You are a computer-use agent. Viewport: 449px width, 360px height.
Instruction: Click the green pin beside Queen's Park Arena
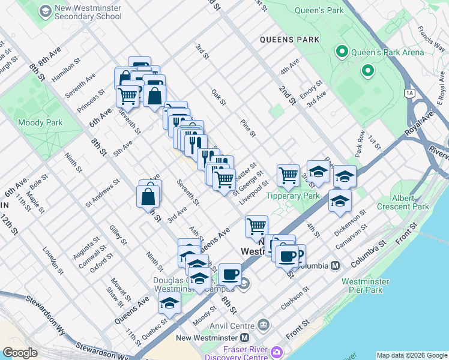coord(342,52)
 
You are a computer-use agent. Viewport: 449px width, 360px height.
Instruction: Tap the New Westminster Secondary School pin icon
coord(45,11)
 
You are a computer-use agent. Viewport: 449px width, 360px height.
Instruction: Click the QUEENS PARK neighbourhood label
coord(289,40)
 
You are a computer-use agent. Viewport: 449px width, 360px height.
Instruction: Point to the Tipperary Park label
coord(293,196)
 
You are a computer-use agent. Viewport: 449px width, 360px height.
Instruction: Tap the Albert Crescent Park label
coord(403,202)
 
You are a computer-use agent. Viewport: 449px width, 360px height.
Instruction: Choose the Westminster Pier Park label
coord(370,286)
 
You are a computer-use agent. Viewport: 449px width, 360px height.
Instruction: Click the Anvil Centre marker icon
coord(262,326)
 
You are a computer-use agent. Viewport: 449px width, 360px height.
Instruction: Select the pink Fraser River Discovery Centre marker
coord(277,351)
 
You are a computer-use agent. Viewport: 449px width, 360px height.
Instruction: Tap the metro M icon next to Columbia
coord(335,265)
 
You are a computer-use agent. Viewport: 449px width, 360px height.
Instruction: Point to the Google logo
coord(20,353)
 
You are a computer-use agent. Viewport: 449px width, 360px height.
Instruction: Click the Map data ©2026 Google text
coord(411,355)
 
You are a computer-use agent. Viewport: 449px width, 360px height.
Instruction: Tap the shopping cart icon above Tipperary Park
coord(288,175)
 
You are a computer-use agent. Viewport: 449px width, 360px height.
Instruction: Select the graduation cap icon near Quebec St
coord(169,303)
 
